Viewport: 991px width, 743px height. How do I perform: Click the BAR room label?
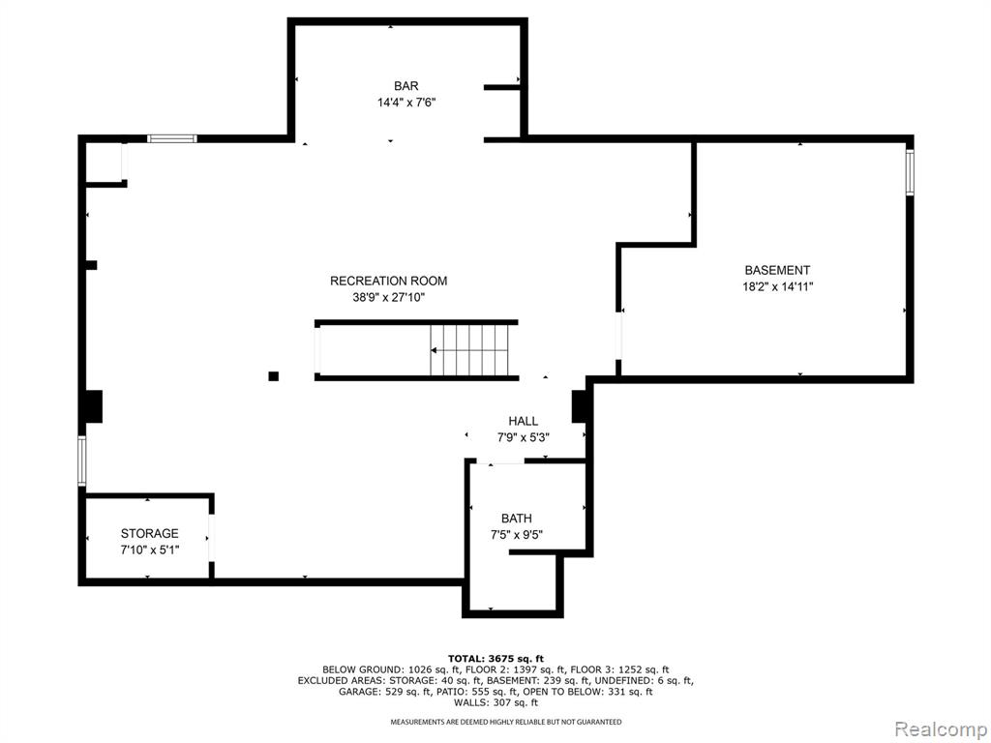click(x=405, y=86)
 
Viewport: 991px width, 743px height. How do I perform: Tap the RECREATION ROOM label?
click(x=389, y=282)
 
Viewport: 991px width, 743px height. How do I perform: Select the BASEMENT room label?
click(x=777, y=271)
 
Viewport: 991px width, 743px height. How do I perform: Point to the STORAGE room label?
click(x=150, y=533)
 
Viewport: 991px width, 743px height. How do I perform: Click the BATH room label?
click(x=517, y=519)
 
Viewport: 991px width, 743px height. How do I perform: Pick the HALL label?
click(x=524, y=422)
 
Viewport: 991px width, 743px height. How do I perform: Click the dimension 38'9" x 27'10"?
click(x=389, y=297)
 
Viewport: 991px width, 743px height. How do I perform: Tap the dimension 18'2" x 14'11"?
click(x=777, y=286)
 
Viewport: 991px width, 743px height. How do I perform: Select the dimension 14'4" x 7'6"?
click(x=406, y=103)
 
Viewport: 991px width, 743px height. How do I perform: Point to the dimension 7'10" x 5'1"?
click(x=150, y=550)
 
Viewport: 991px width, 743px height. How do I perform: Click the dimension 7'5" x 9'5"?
click(x=517, y=535)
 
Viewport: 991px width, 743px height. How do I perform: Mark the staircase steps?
click(x=469, y=350)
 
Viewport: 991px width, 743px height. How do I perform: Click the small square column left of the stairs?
click(x=274, y=376)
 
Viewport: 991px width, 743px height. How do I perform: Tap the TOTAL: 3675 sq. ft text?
click(x=495, y=658)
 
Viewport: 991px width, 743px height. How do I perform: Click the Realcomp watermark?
click(x=941, y=729)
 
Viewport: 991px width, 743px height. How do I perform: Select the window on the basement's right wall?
click(x=910, y=172)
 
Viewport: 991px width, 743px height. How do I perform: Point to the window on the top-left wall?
click(x=172, y=139)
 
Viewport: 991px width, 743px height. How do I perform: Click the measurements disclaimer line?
click(x=505, y=722)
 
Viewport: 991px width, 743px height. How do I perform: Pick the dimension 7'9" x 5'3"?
click(x=524, y=437)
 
